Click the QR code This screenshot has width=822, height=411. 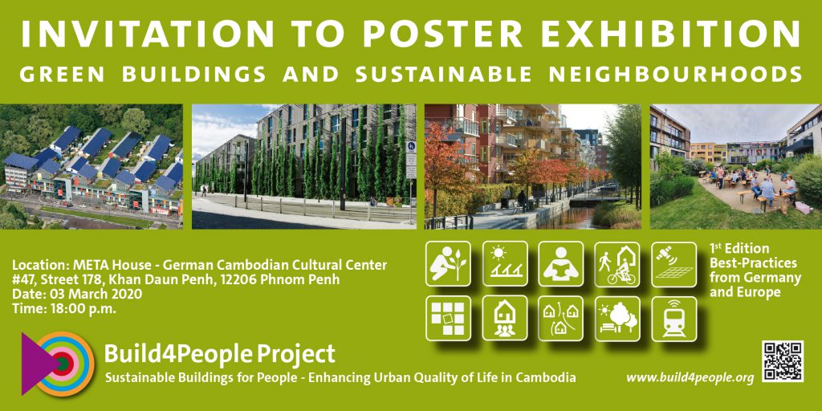[783, 361]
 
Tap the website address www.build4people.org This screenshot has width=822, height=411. [690, 377]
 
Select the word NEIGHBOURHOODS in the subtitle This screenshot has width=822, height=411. [675, 74]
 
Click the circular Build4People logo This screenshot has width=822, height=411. [58, 364]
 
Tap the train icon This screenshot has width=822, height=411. [674, 319]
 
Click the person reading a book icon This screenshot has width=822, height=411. [561, 263]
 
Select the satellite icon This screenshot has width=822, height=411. [674, 263]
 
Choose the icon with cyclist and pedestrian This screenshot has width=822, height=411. [617, 263]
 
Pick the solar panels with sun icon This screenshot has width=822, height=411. [505, 263]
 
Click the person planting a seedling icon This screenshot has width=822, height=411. [448, 263]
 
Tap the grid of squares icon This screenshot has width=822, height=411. [448, 319]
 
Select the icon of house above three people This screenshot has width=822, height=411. [505, 319]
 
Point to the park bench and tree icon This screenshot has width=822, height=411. [617, 319]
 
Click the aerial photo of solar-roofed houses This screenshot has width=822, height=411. [92, 167]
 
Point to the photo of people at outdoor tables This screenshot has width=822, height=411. [736, 167]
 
